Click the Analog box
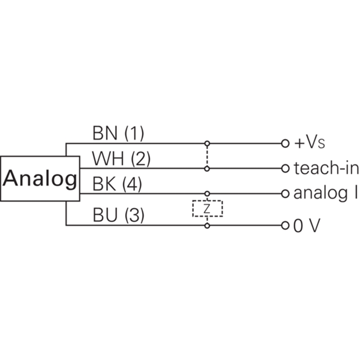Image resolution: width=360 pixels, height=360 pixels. [x=40, y=179]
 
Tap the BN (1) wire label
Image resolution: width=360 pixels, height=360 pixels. [x=118, y=133]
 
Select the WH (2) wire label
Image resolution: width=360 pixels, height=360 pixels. [x=121, y=159]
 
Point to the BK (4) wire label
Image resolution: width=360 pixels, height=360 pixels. [x=118, y=184]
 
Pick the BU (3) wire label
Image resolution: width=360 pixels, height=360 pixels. [x=118, y=216]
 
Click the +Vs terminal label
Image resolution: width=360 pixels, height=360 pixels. [x=309, y=144]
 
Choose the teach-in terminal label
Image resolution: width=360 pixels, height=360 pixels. [x=326, y=169]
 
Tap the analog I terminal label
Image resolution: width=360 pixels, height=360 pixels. [x=325, y=194]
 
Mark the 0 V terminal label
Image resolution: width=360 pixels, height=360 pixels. [x=306, y=225]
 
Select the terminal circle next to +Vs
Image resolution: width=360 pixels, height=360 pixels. [x=284, y=144]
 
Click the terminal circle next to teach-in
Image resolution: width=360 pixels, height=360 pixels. [x=284, y=169]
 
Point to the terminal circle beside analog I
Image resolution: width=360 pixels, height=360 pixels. [x=284, y=194]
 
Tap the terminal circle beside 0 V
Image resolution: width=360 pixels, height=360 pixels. [x=284, y=225]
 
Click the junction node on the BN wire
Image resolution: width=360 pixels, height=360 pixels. [x=207, y=144]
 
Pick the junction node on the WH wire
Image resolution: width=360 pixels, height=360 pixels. [x=207, y=169]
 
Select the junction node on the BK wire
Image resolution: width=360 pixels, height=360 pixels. [x=207, y=194]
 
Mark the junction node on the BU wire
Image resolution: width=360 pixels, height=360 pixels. [x=207, y=225]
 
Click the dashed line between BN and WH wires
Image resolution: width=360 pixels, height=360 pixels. [x=207, y=156]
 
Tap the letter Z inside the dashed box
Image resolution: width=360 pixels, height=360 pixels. [x=207, y=209]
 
